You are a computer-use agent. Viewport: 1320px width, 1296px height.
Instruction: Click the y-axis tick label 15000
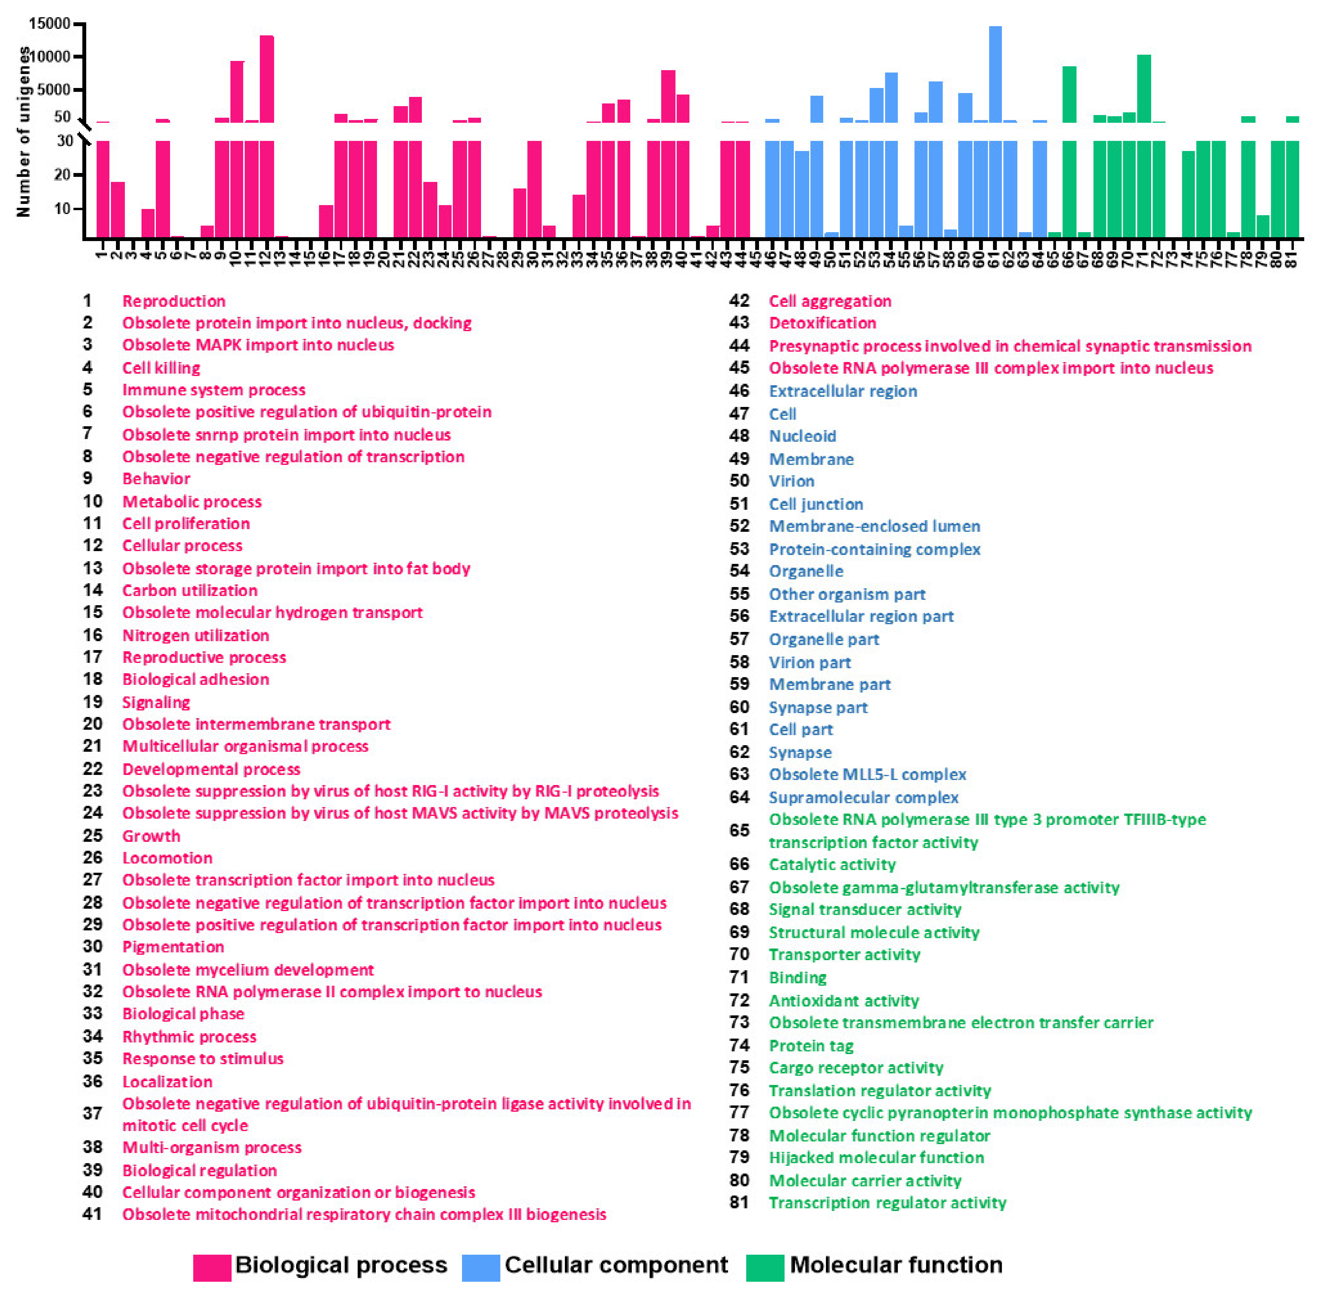point(49,24)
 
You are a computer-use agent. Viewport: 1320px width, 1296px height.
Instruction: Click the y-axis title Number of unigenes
point(24,131)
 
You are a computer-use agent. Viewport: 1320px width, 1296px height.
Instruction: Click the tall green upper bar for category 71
point(1144,89)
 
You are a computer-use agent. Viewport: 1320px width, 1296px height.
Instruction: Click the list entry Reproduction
point(174,301)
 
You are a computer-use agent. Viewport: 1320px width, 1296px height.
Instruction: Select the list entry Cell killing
point(161,368)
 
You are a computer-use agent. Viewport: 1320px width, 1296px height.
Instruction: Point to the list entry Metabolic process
point(192,502)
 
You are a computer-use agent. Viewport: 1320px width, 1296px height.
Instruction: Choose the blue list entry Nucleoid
point(803,436)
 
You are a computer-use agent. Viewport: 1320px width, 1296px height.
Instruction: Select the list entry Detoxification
point(822,323)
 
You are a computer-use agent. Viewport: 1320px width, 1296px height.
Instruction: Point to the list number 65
point(739,830)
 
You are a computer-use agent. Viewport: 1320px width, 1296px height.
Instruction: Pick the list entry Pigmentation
point(173,946)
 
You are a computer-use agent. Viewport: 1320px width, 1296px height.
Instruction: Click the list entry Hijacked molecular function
point(876,1157)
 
